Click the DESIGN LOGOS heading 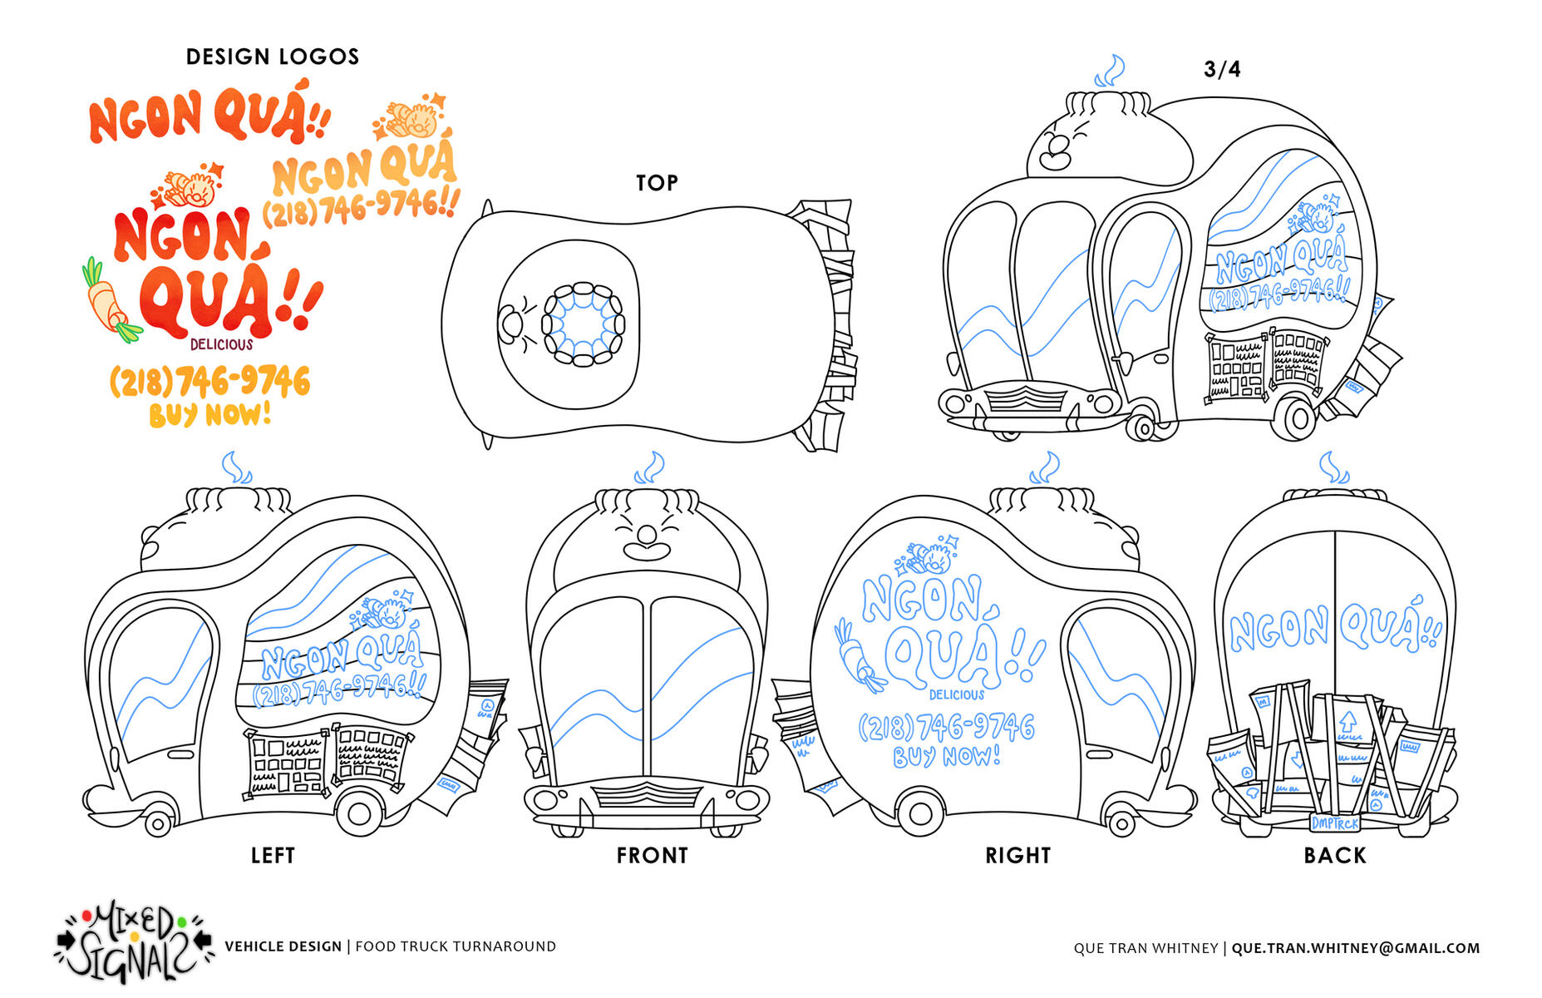pos(273,57)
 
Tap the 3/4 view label pos(1222,69)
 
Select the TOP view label pos(657,183)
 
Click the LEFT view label pos(273,855)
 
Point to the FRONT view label pos(653,855)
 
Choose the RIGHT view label pos(1017,855)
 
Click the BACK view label pos(1335,855)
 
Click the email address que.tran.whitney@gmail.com pos(1356,948)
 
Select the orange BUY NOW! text pos(210,414)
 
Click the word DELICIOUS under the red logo pos(221,344)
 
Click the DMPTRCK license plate pos(1335,823)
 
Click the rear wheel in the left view pos(359,813)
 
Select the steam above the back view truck pos(1333,467)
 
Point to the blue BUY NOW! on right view pos(947,756)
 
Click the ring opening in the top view pos(584,324)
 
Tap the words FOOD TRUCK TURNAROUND pos(456,946)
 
